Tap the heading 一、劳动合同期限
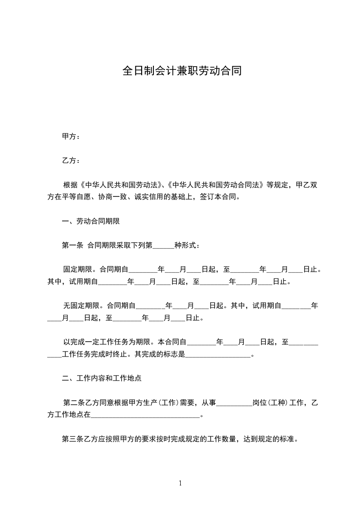[90, 221]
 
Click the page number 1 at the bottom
[180, 483]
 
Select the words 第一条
[72, 245]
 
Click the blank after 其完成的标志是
[218, 354]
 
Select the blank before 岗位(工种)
[234, 402]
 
